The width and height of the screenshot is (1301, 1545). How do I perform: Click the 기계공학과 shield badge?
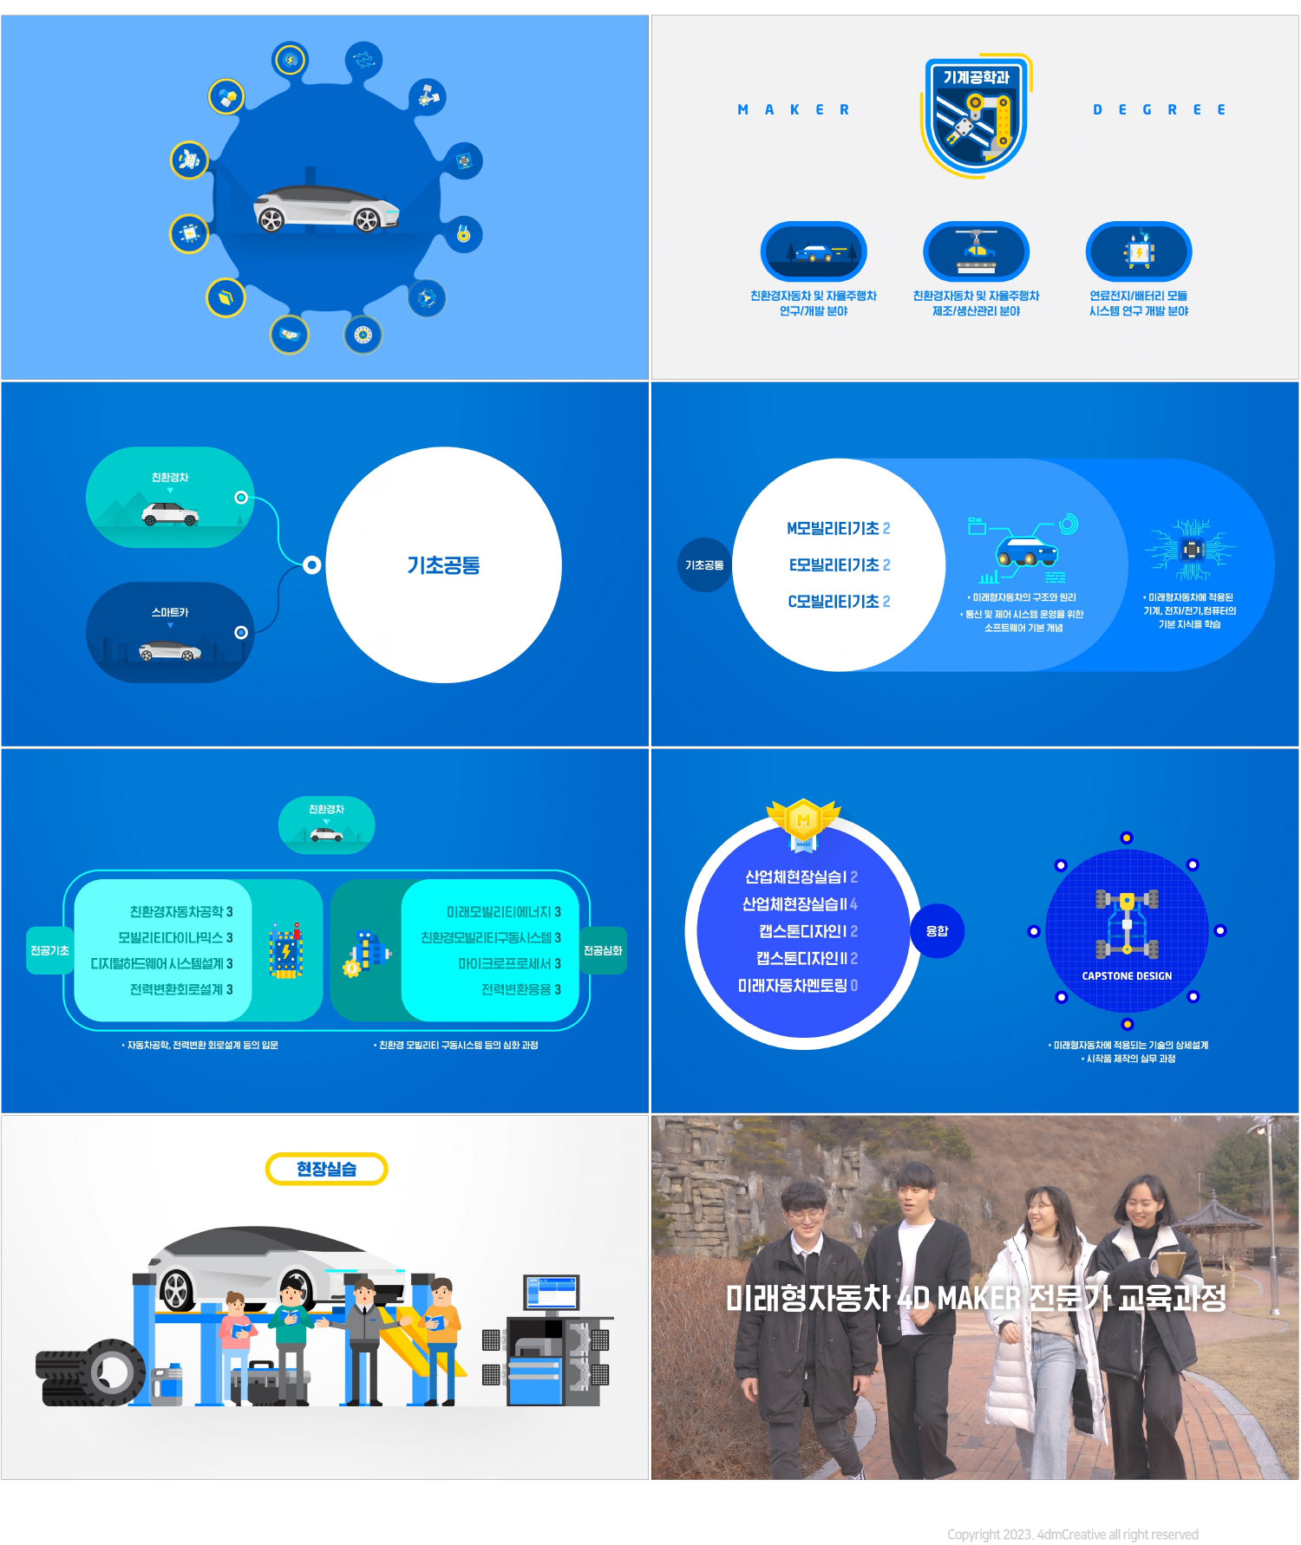[976, 115]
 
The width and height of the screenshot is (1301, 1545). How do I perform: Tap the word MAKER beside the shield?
[794, 110]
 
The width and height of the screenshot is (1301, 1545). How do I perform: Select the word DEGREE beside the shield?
[1160, 110]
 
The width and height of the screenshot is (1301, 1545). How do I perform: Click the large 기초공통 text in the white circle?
[443, 565]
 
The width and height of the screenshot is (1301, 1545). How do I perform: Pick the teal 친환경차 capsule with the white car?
[170, 498]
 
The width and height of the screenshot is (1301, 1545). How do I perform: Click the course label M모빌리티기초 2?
[838, 528]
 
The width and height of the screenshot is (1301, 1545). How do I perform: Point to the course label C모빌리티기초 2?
[838, 601]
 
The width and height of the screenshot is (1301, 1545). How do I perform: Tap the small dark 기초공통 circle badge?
[704, 565]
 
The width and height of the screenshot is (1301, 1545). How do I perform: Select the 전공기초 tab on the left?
[49, 950]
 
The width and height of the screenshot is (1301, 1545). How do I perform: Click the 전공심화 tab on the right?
[603, 950]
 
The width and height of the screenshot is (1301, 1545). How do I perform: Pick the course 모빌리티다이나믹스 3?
[175, 937]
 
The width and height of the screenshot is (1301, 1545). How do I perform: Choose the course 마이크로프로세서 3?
[509, 963]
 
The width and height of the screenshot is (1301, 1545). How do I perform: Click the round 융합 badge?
[937, 931]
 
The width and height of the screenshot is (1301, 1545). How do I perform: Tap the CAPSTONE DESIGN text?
[1127, 976]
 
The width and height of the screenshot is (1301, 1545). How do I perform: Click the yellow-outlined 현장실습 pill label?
[326, 1169]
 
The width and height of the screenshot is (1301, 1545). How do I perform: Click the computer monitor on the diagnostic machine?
[551, 1294]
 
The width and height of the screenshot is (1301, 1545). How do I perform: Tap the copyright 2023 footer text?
[1072, 1535]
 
